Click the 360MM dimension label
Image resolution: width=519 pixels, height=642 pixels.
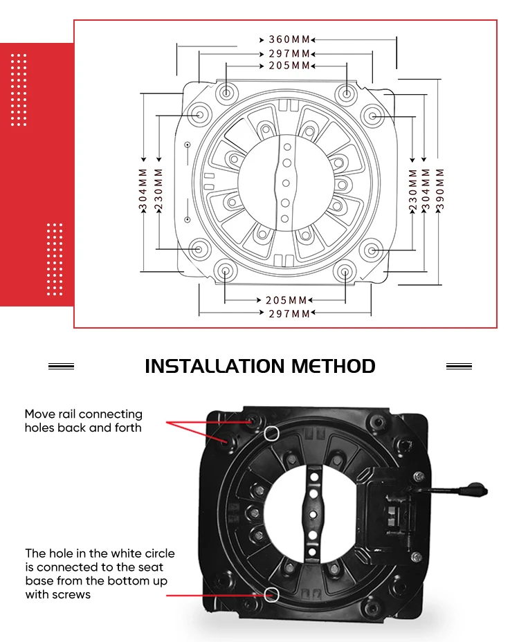tap(289, 39)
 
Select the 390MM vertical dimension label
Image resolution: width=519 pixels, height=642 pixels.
tap(439, 189)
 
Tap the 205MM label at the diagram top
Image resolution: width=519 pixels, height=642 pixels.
tap(289, 66)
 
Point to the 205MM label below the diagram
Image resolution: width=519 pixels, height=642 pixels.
tap(286, 300)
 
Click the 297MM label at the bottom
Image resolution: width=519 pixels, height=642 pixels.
tap(289, 314)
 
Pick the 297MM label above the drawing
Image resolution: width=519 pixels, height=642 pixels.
tap(289, 54)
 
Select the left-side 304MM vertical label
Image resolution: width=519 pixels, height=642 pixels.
tap(143, 189)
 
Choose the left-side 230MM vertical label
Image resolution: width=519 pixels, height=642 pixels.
tap(158, 189)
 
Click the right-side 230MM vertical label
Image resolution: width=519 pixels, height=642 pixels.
tap(413, 190)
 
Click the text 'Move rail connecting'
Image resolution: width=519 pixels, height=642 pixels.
tap(84, 414)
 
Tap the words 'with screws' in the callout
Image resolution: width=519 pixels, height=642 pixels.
tap(57, 594)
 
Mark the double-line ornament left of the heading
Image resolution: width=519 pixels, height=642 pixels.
tap(61, 366)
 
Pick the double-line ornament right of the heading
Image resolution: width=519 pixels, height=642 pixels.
tap(459, 366)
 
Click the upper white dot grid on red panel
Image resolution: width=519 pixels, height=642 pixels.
tap(19, 90)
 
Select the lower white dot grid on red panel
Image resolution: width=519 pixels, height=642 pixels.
tap(55, 259)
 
